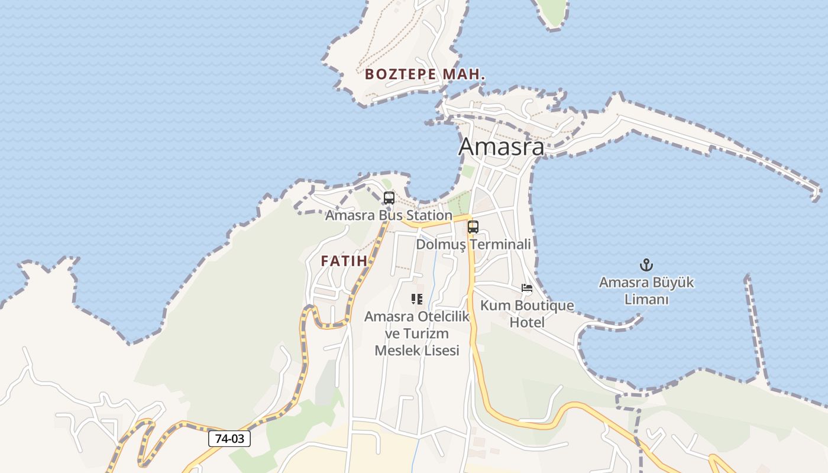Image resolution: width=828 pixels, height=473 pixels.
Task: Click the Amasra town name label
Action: [x=501, y=146]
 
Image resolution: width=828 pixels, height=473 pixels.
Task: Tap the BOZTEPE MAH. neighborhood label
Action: [x=425, y=74]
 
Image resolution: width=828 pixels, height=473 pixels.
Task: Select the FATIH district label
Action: [x=344, y=261]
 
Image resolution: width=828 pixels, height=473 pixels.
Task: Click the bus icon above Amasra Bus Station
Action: [x=389, y=198]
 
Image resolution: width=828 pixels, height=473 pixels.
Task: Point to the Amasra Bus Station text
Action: [x=389, y=215]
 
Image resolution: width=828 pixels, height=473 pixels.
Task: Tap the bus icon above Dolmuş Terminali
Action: [x=473, y=226]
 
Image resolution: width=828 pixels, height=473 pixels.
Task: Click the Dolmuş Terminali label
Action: [x=473, y=244]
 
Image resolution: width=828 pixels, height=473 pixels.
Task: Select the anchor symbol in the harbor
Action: [x=646, y=265]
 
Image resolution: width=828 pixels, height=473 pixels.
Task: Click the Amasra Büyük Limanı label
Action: [x=646, y=291]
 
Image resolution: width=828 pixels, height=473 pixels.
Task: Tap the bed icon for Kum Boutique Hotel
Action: [x=526, y=289]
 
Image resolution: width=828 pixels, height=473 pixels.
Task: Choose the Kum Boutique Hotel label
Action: [x=526, y=314]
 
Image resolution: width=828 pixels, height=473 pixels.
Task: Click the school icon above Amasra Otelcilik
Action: [x=417, y=299]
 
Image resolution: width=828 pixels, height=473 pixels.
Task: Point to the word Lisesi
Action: [x=439, y=351]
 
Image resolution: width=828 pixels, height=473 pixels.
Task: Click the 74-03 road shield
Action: [x=229, y=439]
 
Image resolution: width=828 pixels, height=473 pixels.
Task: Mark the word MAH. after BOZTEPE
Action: [x=471, y=74]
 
